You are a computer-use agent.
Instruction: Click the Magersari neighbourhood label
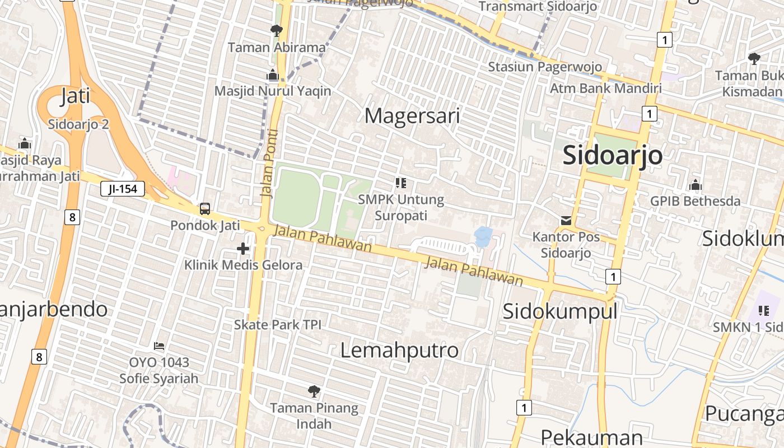[412, 116]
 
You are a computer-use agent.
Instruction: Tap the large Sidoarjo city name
[613, 155]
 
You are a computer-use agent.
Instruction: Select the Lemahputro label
[399, 351]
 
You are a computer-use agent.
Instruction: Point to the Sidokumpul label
[560, 311]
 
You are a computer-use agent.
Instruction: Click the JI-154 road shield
[123, 189]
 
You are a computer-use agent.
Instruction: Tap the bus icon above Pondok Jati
[205, 209]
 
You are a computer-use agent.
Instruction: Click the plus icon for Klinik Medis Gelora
[243, 248]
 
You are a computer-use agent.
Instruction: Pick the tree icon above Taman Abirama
[276, 30]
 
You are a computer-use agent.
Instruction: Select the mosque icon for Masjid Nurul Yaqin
[273, 74]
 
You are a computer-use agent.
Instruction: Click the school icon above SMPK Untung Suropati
[400, 183]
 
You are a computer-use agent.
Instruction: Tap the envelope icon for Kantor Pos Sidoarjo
[566, 221]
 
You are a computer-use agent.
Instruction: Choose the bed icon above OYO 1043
[159, 346]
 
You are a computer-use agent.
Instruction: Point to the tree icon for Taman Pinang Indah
[314, 391]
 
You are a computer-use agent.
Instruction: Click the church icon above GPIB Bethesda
[696, 185]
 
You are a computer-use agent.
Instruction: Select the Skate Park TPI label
[277, 324]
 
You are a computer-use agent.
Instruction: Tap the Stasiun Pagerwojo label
[545, 67]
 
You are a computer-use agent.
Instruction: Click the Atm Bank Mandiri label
[605, 88]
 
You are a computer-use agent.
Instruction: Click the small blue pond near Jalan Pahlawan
[483, 236]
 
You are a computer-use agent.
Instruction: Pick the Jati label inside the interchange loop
[75, 96]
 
